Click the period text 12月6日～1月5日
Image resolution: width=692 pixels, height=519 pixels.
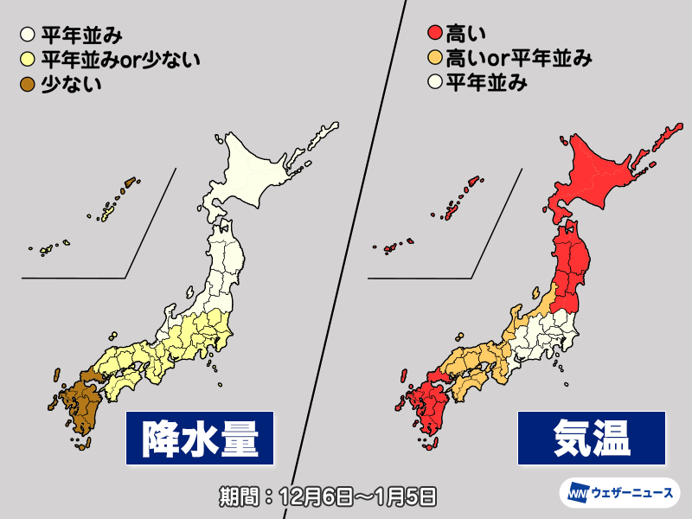point(326,497)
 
